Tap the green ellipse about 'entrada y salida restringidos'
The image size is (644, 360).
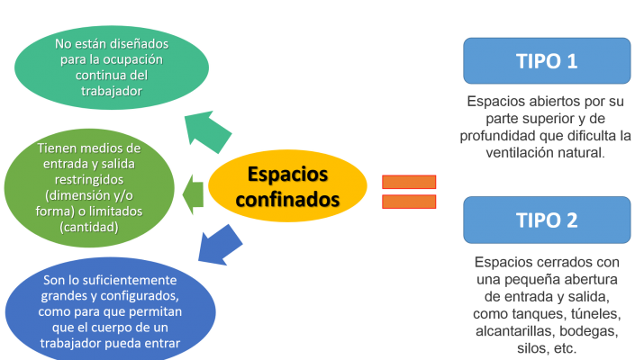pos(89,187)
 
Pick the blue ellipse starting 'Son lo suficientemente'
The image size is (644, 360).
pos(112,309)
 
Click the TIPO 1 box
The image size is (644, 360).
pos(546,61)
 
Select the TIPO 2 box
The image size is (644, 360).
pos(546,220)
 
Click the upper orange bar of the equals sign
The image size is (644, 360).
pos(409,182)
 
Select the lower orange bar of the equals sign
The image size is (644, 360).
pos(409,201)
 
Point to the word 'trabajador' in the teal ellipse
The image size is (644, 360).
pos(101,91)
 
